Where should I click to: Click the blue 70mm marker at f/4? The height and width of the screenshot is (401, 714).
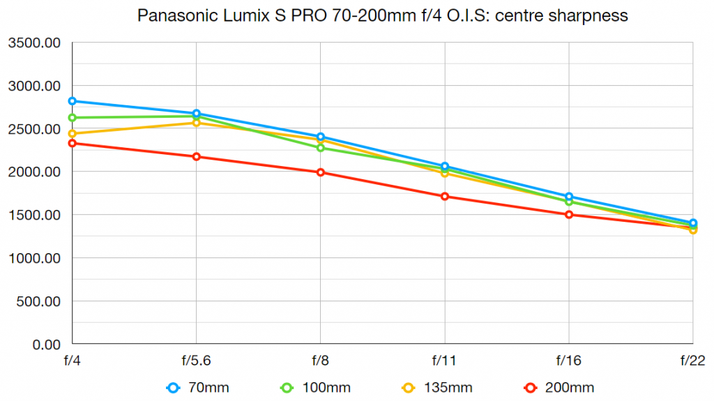[x=72, y=101]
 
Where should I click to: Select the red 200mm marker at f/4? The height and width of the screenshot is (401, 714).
[x=72, y=143]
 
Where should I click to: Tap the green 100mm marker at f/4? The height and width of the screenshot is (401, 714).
[x=72, y=118]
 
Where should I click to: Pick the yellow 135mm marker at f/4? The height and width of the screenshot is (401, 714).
[x=72, y=133]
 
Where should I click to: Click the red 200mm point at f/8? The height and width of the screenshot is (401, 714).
[x=321, y=172]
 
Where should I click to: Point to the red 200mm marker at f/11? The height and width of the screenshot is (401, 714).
[x=445, y=196]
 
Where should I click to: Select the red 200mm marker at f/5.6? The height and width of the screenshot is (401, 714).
[x=197, y=156]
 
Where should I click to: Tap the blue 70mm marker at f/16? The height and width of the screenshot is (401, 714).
[x=569, y=197]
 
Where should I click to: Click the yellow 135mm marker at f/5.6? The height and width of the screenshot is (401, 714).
[x=197, y=123]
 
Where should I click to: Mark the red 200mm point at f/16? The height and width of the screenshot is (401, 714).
[x=569, y=215]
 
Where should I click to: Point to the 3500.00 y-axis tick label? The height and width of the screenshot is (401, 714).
[x=34, y=43]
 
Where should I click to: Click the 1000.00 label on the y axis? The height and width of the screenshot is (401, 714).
[x=34, y=258]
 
